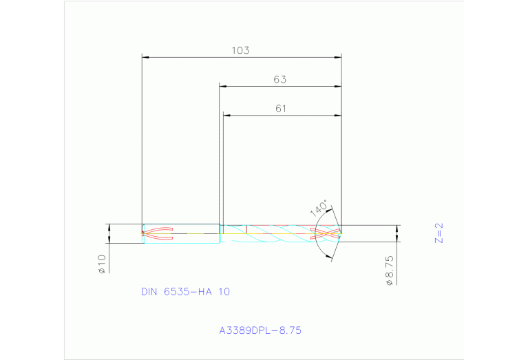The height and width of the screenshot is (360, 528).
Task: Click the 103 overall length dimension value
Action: pos(240,50)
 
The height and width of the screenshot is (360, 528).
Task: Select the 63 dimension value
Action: pos(279,79)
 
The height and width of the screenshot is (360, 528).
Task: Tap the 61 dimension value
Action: pos(280,108)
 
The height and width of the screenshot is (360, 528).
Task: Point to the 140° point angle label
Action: pos(318,209)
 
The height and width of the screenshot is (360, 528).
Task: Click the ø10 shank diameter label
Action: pos(101,264)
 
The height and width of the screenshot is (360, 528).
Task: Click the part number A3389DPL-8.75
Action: pos(260,330)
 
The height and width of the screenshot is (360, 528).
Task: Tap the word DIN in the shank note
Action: pos(149,292)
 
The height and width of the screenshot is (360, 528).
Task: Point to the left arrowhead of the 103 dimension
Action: pos(145,56)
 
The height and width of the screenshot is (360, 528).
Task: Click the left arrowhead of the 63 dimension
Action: pos(223,86)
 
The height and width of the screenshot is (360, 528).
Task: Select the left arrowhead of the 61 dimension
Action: pos(226,115)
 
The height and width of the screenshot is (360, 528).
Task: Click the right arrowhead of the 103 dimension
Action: pos(338,56)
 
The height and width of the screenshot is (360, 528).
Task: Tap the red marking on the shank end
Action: pos(157,233)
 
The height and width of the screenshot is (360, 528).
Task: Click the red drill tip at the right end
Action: pos(328,233)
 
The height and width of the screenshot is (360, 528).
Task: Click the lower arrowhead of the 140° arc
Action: pos(328,257)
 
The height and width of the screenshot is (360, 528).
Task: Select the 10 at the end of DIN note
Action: pos(224,292)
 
